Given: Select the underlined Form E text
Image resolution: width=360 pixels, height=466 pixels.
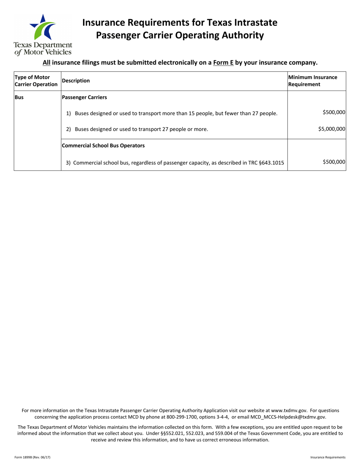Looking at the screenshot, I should (x=223, y=63).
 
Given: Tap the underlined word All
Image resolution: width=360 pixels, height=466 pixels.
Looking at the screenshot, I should (x=46, y=63).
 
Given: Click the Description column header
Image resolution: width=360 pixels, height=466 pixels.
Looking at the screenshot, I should (x=76, y=81).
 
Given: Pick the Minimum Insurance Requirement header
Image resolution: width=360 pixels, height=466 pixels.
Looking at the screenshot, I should (x=313, y=81).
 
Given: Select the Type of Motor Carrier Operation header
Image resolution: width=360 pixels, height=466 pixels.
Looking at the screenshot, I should (x=36, y=81).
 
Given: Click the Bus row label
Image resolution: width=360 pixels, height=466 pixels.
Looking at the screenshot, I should (x=19, y=97).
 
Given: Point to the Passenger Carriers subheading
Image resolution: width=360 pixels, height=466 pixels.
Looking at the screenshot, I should (x=84, y=97).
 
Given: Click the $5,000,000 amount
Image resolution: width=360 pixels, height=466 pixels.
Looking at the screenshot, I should (x=332, y=129).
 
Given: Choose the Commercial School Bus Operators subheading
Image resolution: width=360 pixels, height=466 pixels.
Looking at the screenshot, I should (x=103, y=145).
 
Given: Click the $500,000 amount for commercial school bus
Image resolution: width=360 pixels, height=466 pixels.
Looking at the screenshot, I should (x=334, y=162).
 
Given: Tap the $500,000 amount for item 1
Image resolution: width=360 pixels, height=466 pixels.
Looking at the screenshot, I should (x=334, y=112).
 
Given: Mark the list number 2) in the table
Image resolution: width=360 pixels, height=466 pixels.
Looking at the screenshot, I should (x=69, y=129).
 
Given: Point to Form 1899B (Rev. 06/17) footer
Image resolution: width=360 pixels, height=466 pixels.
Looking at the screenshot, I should (x=32, y=457).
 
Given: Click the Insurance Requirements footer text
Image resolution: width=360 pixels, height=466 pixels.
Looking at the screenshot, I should (x=328, y=457).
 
